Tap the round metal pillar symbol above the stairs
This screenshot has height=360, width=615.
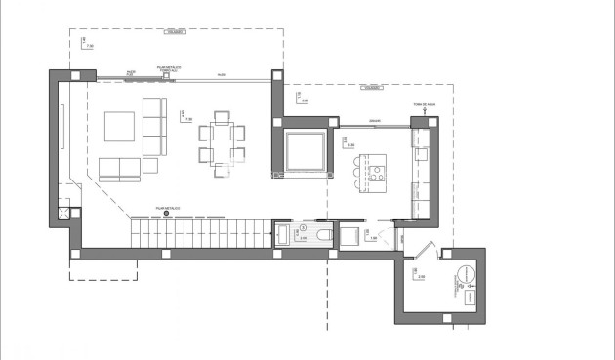166,213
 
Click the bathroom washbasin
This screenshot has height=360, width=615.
282,234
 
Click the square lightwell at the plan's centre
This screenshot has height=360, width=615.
307,147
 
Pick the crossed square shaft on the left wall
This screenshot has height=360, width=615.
64,210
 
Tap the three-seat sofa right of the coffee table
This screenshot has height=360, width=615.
154,125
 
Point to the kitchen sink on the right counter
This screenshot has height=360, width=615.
422,153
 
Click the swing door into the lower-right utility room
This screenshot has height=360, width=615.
416,252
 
